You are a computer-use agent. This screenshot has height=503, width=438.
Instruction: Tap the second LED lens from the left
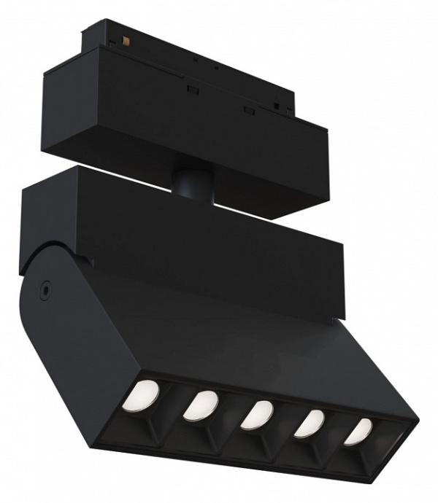[199, 405]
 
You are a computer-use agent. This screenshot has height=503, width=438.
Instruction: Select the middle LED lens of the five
[256, 414]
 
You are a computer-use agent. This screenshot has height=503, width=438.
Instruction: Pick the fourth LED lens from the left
[310, 424]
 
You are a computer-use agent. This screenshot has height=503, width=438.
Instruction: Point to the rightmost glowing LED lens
[358, 431]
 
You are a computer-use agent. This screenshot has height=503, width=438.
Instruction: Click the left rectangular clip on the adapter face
[193, 90]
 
